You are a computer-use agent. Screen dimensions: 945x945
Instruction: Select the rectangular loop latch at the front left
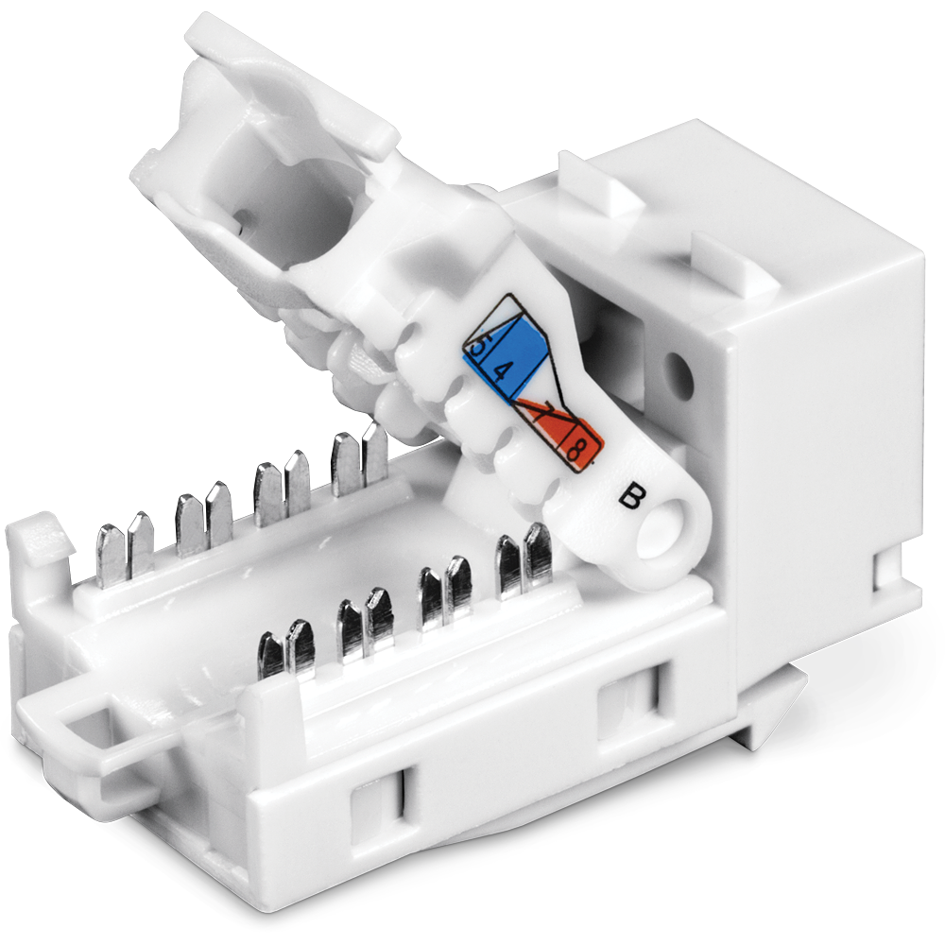tap(91, 723)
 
